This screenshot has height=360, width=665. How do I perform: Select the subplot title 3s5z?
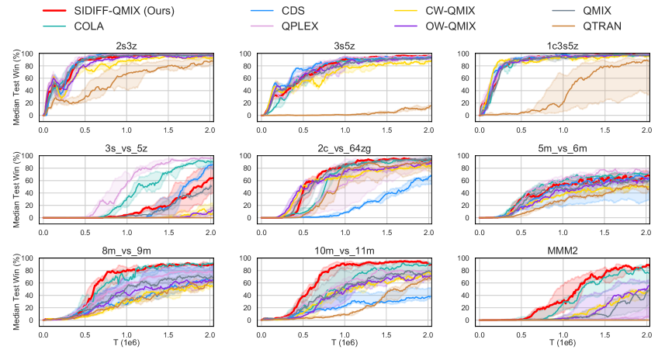(x=345, y=46)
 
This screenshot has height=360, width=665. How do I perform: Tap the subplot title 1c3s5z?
(x=563, y=46)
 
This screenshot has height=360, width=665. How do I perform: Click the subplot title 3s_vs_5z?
(x=126, y=148)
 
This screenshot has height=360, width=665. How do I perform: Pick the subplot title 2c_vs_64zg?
(x=345, y=148)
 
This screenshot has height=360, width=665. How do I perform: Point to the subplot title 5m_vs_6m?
(x=563, y=148)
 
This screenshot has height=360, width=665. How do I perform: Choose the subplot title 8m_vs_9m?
(x=126, y=251)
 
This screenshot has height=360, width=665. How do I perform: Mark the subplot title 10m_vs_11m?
(x=345, y=251)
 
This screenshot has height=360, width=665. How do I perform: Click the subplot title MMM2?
(x=563, y=251)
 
